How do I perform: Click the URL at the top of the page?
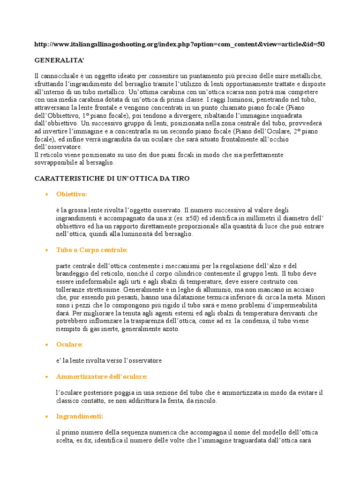[180, 45]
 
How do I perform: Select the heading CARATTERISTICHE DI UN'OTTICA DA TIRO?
[112, 179]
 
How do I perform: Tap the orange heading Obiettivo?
[72, 194]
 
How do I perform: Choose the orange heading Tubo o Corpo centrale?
[91, 250]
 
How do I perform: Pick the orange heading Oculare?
[69, 345]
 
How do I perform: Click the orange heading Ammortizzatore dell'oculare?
[102, 376]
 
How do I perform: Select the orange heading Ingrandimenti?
[79, 416]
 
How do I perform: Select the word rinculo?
[205, 401]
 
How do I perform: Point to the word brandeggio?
[75, 274]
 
